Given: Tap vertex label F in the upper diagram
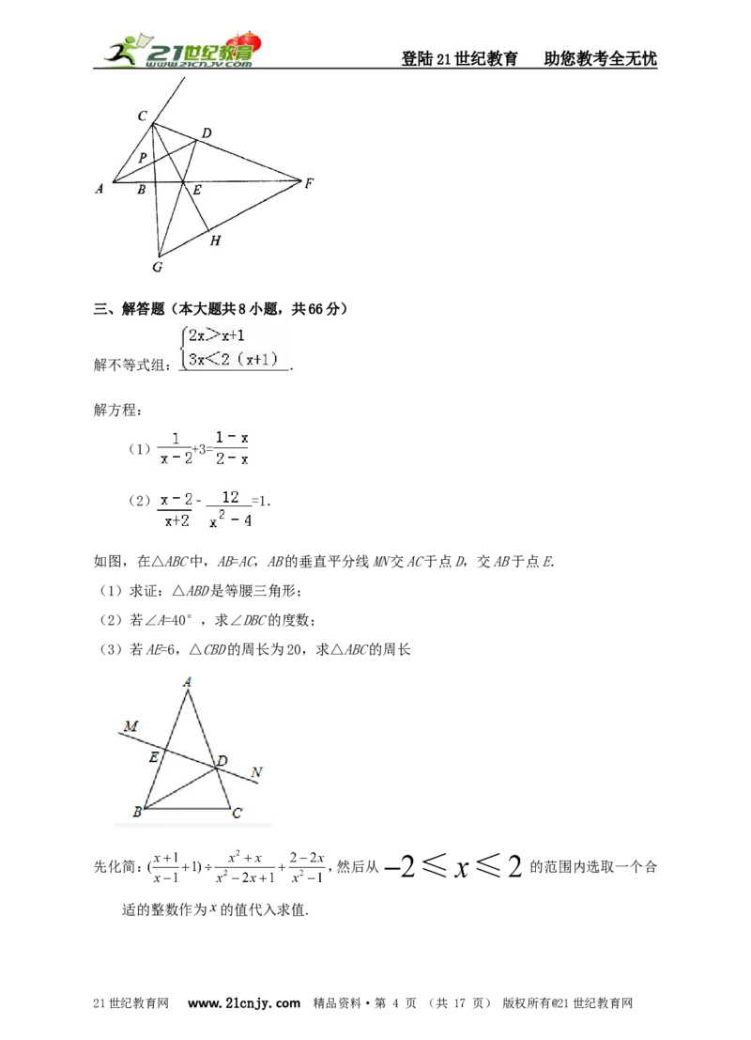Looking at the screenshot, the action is [309, 183].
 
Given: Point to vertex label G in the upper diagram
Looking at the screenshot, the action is [157, 268].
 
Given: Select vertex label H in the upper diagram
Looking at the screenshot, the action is [215, 241].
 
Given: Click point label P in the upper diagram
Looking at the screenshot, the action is [142, 158].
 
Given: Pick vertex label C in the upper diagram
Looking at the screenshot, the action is [142, 116].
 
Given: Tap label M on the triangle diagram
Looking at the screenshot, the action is [130, 725].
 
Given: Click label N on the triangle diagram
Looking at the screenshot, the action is [256, 772].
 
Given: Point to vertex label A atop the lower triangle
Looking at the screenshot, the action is [188, 682].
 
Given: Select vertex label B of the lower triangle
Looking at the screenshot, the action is [137, 812].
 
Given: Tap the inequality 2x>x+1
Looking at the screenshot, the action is [216, 335].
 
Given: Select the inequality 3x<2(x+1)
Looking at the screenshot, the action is [232, 360].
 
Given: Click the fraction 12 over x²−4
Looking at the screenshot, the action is [230, 508].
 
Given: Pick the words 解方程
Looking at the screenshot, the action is [117, 410].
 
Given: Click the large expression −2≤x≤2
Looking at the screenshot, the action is [452, 866].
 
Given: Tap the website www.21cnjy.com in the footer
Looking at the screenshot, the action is [243, 1002].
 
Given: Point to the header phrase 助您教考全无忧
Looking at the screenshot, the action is [601, 58].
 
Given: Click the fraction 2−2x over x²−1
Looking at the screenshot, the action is [306, 867].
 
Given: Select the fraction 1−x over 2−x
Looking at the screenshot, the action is [231, 448].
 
